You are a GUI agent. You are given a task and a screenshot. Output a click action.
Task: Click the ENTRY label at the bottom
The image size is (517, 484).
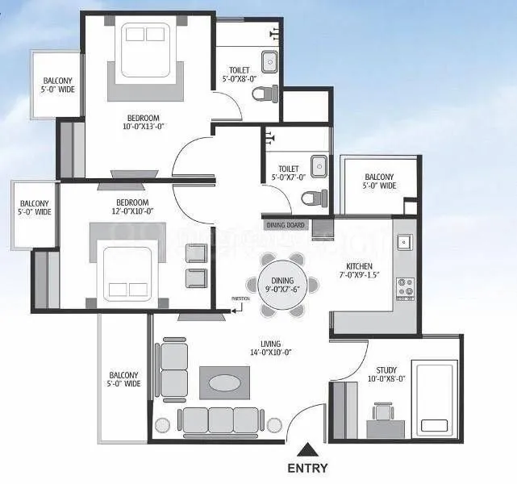(306, 467)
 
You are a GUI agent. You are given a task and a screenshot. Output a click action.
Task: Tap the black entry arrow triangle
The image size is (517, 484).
(306, 450)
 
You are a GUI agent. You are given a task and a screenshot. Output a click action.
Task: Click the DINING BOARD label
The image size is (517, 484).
(286, 225)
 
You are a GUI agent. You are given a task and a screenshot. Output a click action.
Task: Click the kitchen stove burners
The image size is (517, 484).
(405, 286)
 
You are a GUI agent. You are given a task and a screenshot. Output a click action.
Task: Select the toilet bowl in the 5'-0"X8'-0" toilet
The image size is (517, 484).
(261, 94)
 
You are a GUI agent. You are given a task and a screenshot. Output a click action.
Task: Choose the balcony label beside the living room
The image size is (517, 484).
(123, 379)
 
